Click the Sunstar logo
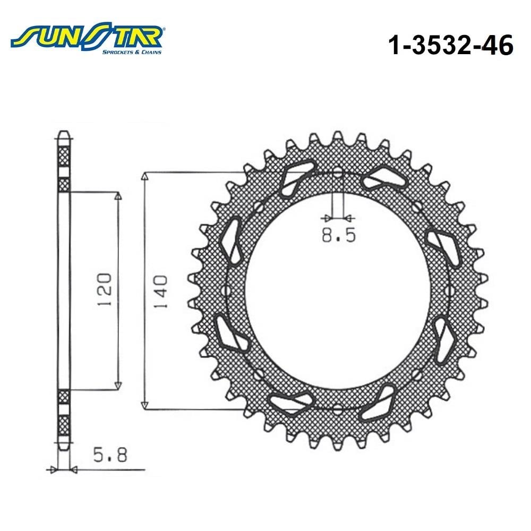point(88,38)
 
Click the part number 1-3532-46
point(451,45)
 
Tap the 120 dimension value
point(105,289)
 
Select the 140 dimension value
point(161,292)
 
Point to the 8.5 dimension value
point(339,235)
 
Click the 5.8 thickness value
point(110,455)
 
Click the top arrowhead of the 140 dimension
point(145,176)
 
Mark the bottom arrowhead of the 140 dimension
point(145,405)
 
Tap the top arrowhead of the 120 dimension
point(118,197)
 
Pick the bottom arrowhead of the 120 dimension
point(118,386)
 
